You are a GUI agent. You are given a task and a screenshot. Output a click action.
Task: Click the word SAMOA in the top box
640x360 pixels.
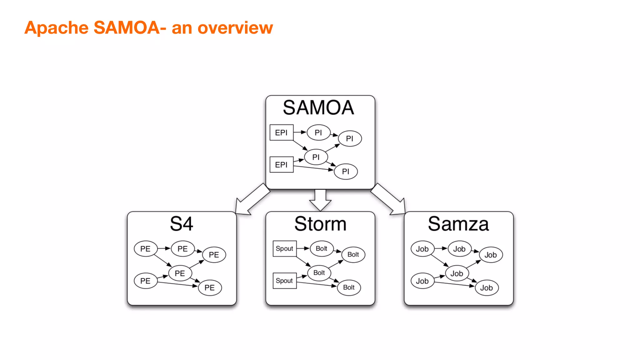318,107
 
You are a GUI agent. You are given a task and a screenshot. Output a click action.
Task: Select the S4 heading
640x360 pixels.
182,224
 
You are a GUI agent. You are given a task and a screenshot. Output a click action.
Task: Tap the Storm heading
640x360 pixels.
320,224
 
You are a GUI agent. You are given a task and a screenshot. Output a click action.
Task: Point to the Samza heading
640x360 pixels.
458,224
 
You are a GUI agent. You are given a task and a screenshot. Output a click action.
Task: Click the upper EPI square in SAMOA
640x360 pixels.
281,132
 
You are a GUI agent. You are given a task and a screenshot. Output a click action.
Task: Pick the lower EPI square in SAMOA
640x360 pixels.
281,165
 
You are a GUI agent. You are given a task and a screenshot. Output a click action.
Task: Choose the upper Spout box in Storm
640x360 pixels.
284,248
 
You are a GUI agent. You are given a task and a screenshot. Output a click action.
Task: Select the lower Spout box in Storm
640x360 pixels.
284,281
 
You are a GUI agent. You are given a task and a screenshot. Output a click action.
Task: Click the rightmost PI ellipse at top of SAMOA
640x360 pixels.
350,138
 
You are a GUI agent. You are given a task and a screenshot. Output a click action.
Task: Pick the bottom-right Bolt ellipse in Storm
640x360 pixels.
349,287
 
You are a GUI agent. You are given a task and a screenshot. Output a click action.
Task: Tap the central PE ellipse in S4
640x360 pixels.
180,273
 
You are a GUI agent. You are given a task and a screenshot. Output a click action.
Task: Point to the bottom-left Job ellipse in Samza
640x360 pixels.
422,281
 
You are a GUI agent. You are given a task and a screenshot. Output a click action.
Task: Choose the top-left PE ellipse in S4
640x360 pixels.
145,249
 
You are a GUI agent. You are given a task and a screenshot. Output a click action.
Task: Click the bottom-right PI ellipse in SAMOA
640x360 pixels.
346,172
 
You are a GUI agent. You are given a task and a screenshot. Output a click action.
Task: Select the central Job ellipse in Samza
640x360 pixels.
457,273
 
